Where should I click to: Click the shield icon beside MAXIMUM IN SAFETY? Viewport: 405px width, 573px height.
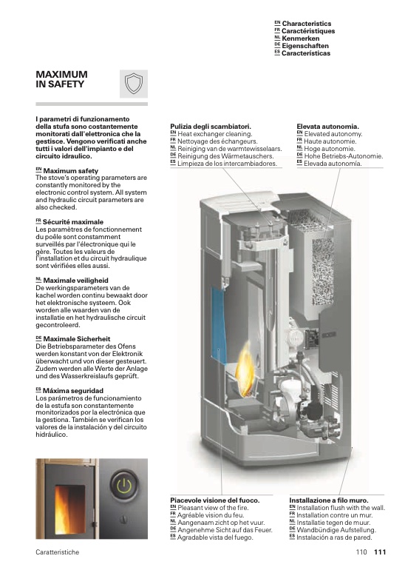tap(134, 84)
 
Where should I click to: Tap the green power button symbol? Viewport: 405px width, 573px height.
tap(124, 486)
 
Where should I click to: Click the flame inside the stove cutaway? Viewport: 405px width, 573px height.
tap(244, 369)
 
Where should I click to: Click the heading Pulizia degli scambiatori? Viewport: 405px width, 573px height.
tap(211, 127)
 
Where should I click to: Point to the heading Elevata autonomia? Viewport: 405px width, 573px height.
tap(327, 127)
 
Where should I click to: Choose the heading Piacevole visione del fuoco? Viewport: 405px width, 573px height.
tap(215, 500)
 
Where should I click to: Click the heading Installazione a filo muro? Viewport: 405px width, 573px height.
tap(329, 500)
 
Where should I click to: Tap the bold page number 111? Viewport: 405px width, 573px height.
tap(380, 552)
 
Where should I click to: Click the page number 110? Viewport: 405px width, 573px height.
tap(361, 552)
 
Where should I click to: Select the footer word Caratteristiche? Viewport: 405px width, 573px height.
tap(58, 552)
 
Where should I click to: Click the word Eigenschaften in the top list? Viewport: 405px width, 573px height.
tap(305, 46)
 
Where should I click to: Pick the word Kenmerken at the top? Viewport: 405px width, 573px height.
tap(301, 38)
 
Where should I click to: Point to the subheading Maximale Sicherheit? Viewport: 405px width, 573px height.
tap(77, 339)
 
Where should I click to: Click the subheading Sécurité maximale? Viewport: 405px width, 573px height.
tap(73, 222)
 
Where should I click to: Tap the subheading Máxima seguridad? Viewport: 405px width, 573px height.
tap(73, 391)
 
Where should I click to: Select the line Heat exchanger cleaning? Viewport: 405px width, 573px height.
tap(215, 134)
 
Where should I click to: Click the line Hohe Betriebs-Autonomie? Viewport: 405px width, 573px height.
tap(344, 156)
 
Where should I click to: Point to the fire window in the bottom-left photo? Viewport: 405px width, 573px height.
tap(69, 509)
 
